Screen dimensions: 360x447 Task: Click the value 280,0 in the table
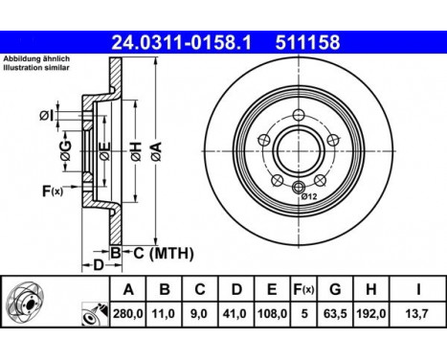pyautogui.click(x=128, y=312)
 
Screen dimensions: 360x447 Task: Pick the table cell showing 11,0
pyautogui.click(x=164, y=312)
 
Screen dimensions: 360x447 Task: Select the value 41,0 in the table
pyautogui.click(x=235, y=312)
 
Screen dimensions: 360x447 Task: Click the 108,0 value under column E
pyautogui.click(x=271, y=312)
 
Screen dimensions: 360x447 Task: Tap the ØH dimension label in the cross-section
pyautogui.click(x=137, y=150)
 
